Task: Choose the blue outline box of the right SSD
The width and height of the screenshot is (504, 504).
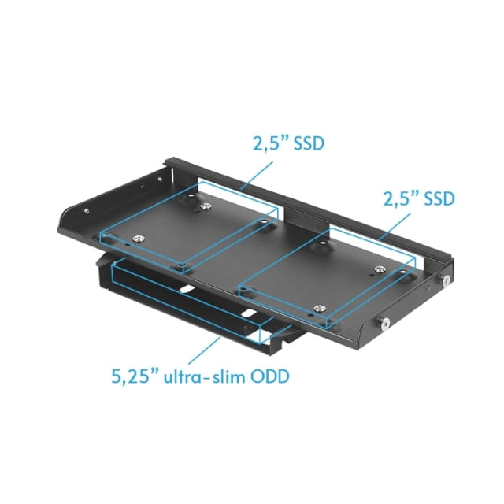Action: pos(327,276)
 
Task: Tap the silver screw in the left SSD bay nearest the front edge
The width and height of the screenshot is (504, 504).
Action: pos(139,239)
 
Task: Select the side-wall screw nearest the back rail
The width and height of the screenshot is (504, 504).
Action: pos(446,280)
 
